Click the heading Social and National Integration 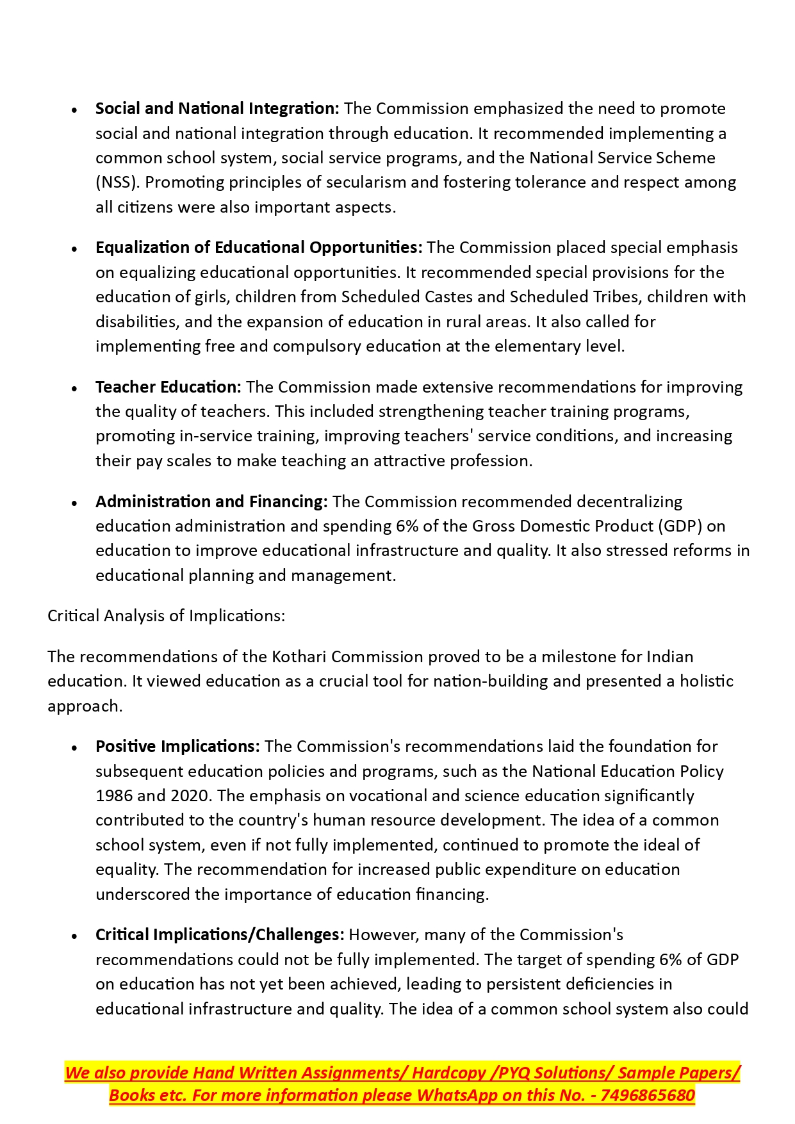tap(217, 108)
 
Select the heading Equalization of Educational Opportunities tap(259, 248)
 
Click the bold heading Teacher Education tap(168, 387)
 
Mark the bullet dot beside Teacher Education tap(75, 388)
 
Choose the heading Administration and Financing tap(211, 501)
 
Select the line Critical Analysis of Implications tap(166, 616)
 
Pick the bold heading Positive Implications tap(177, 747)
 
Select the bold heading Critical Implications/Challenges tap(220, 935)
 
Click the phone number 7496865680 tap(648, 1096)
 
